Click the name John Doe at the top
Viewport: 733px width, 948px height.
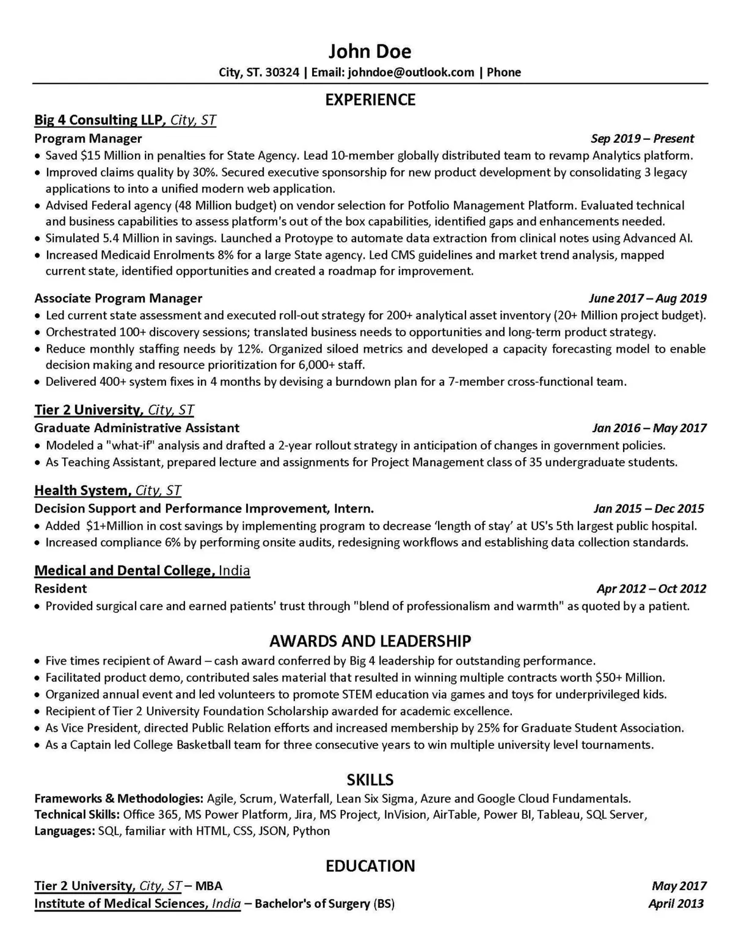point(370,51)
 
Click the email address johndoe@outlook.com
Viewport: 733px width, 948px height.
point(410,73)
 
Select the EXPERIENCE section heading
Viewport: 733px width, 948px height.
point(370,100)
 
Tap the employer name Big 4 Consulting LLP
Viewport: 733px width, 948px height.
point(100,120)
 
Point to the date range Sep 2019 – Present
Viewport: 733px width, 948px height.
point(643,139)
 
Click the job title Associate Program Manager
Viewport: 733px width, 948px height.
point(118,299)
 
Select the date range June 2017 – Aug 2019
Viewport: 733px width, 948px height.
point(647,299)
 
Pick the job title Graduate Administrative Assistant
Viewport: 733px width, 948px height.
point(137,428)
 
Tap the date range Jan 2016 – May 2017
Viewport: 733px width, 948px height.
point(649,428)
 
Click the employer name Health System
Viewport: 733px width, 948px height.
point(82,490)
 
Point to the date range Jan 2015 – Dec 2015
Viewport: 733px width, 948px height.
point(649,508)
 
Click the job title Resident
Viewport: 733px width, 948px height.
point(60,588)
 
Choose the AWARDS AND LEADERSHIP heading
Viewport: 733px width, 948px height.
point(370,641)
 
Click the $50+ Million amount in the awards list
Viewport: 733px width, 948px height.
point(629,678)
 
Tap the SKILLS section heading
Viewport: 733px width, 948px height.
point(370,780)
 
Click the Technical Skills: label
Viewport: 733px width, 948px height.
point(77,814)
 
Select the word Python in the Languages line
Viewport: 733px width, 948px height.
point(312,831)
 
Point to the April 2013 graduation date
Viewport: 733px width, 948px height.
point(676,903)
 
